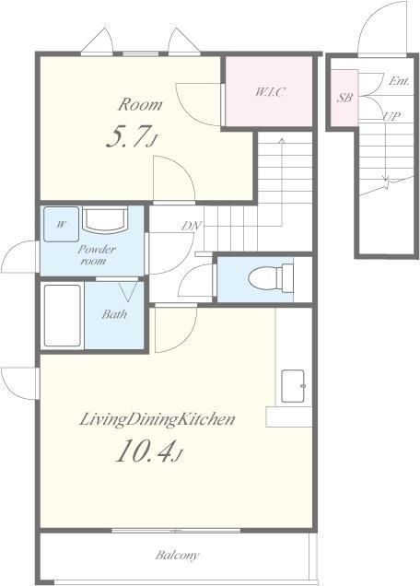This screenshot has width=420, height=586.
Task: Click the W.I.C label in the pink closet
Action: [270, 91]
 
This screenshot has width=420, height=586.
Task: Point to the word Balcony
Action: [177, 555]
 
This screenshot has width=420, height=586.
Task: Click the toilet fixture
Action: [271, 278]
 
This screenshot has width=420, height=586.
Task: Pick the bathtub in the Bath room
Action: [63, 316]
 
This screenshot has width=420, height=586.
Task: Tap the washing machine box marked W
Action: [62, 224]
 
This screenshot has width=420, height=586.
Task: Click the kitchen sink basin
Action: [293, 386]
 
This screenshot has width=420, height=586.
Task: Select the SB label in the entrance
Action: [344, 98]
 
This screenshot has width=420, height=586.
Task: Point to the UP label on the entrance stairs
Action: [391, 116]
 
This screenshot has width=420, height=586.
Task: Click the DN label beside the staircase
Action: [192, 226]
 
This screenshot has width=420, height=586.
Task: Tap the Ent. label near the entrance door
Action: [398, 81]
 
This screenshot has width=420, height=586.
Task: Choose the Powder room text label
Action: [97, 255]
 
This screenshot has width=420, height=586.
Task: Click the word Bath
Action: [114, 314]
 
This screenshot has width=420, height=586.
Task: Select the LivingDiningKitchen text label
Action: [157, 419]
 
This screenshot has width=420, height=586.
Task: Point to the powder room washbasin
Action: [105, 219]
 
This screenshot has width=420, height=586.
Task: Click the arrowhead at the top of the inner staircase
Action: [281, 141]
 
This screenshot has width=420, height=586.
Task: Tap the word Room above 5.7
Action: [140, 104]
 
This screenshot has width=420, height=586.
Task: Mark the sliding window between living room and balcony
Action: [176, 531]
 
